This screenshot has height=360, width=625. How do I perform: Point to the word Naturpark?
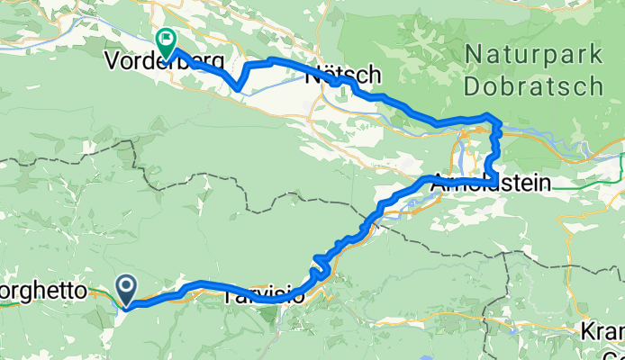click(x=534, y=55)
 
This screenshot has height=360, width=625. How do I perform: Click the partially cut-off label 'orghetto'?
click(x=45, y=292)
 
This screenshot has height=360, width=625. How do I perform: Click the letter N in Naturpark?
click(x=474, y=55)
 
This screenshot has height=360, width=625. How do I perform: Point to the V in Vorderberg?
click(x=113, y=63)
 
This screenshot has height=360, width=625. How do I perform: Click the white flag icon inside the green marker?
click(x=166, y=39)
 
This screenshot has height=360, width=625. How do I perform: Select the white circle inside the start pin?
click(x=127, y=287)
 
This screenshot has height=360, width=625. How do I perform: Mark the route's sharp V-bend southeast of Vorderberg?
click(x=237, y=88)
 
